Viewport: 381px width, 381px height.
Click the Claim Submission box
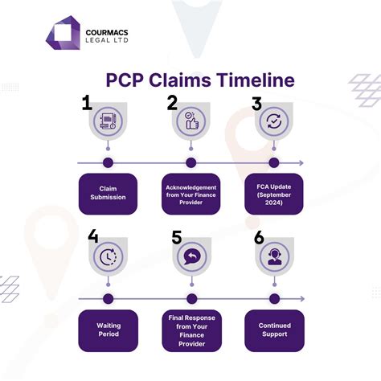109,194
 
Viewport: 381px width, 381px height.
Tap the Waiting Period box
109,330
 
